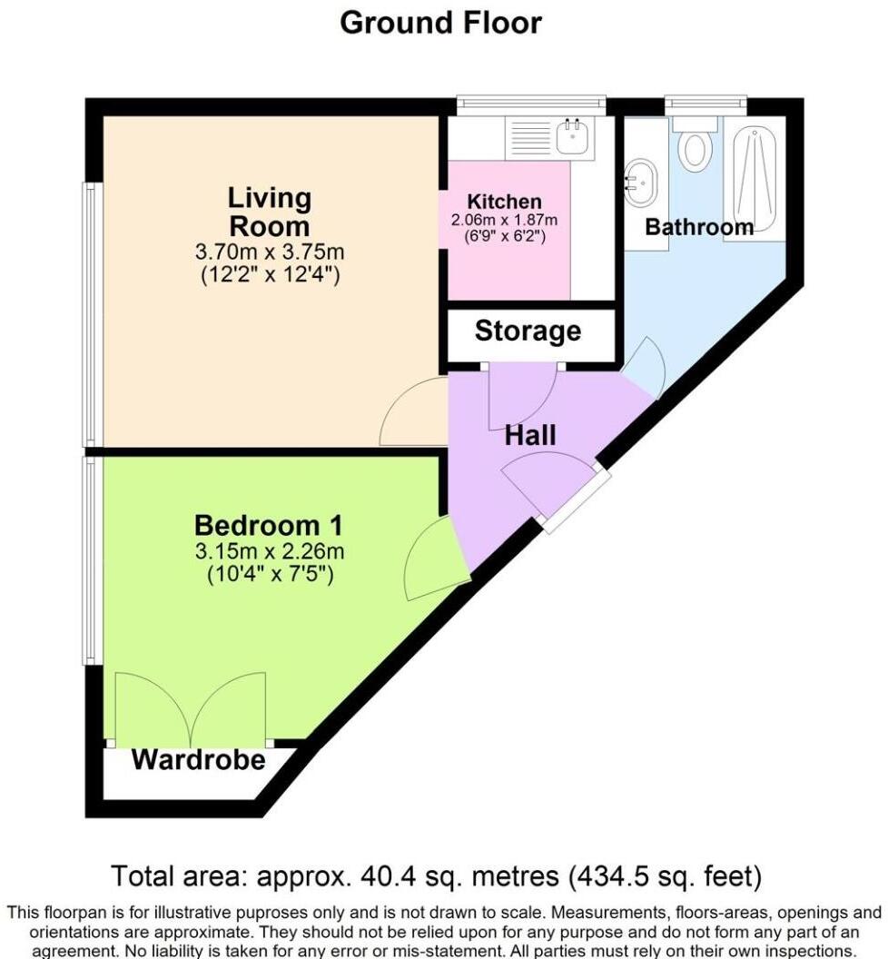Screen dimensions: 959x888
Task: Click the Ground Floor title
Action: pyautogui.click(x=441, y=22)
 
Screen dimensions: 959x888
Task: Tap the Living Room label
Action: pyautogui.click(x=269, y=211)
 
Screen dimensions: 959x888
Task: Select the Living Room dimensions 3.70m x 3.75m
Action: pyautogui.click(x=270, y=252)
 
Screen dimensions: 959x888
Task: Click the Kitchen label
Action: pyautogui.click(x=504, y=202)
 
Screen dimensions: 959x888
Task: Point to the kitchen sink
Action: pyautogui.click(x=574, y=137)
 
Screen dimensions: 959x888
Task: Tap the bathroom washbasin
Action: pyautogui.click(x=642, y=180)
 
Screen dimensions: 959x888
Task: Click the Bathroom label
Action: pyautogui.click(x=698, y=227)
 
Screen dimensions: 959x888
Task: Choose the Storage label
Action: pyautogui.click(x=528, y=331)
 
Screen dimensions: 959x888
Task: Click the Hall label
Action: pyautogui.click(x=530, y=435)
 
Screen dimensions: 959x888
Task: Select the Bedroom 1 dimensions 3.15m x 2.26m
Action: pyautogui.click(x=270, y=551)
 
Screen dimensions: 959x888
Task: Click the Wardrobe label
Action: pyautogui.click(x=199, y=760)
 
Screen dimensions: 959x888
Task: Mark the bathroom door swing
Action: pyautogui.click(x=647, y=368)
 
